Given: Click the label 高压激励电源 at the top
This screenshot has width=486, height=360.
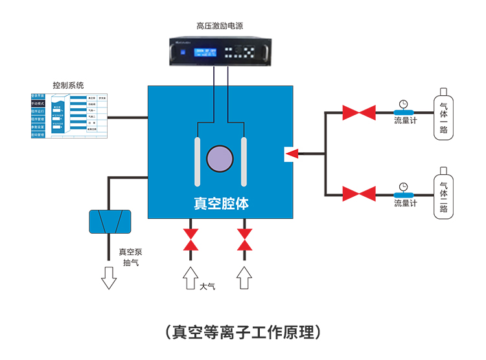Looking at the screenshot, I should pos(220,26).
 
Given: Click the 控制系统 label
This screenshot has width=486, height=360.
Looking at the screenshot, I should pos(68,85).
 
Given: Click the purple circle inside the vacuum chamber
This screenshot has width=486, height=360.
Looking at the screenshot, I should pos(220,158).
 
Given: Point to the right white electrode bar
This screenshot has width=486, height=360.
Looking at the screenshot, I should pos(244,161).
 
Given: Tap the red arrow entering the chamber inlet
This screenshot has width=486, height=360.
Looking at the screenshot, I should pos(292,154).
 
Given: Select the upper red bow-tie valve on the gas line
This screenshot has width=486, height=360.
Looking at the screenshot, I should pos(358,113).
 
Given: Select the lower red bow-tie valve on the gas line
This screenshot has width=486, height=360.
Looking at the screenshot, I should pos(358,194).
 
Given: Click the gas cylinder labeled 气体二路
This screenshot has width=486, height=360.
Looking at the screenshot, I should pos(443,194).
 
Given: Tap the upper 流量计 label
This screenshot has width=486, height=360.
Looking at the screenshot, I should pos(406,121).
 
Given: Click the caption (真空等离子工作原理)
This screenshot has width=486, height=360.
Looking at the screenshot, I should pos(243,332).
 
